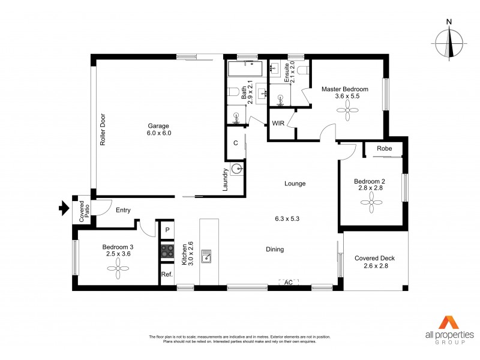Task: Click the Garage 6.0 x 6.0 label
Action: click(159, 130)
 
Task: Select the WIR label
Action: click(278, 124)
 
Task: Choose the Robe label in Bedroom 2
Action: click(385, 149)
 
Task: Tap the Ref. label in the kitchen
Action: click(167, 275)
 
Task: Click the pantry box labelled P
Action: click(167, 230)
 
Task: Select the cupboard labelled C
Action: click(236, 143)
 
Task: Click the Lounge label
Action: click(295, 184)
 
